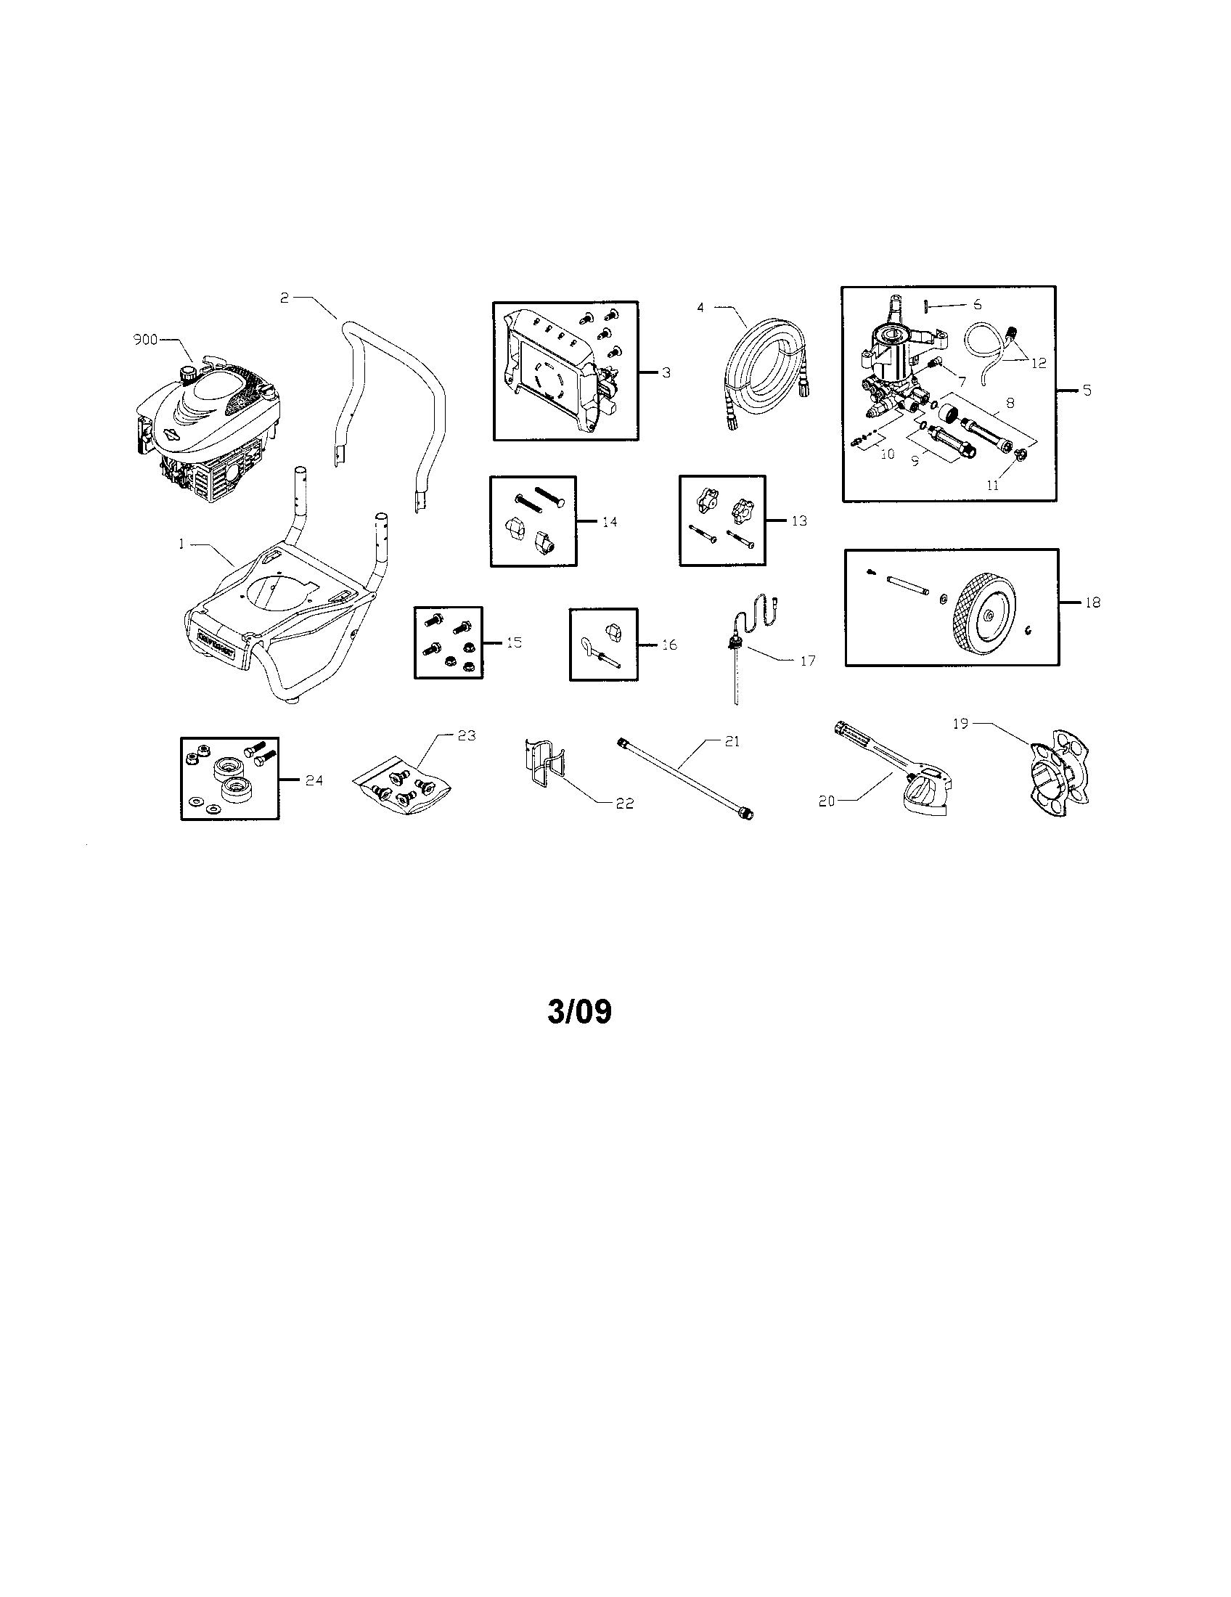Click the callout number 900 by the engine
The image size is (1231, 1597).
[144, 340]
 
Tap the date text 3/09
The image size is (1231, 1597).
[580, 1012]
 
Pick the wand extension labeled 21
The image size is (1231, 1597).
[687, 778]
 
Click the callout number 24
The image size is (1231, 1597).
[314, 780]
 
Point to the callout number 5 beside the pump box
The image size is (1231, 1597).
[1087, 391]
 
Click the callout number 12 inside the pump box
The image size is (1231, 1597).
[1039, 363]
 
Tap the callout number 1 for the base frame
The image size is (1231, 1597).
[181, 544]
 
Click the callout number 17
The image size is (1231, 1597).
[807, 661]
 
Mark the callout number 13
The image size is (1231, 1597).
[799, 520]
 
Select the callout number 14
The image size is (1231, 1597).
[609, 521]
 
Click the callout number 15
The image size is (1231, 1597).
[514, 642]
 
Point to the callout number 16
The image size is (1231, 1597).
[669, 644]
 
